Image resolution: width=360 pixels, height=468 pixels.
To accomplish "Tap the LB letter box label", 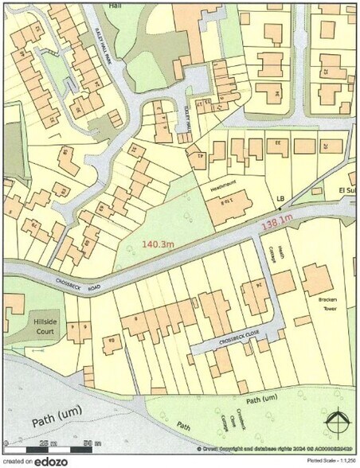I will point(280,197).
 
